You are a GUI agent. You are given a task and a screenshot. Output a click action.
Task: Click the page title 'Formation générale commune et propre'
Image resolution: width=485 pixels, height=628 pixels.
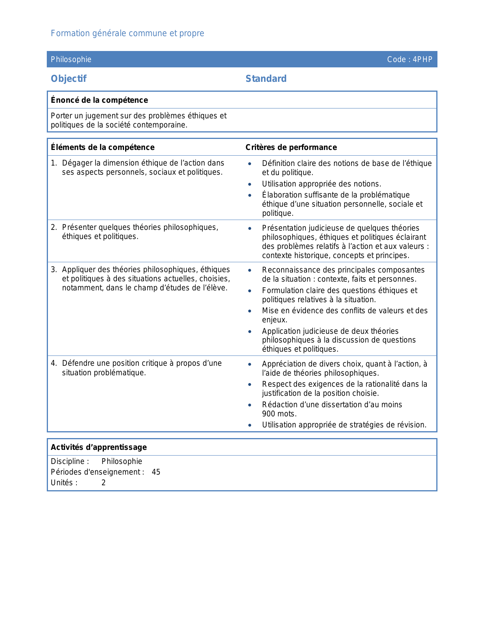127,33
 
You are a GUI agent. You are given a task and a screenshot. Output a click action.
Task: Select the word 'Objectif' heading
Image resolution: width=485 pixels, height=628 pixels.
69,79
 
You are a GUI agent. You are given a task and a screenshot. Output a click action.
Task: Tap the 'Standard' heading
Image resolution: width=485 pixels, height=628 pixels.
266,79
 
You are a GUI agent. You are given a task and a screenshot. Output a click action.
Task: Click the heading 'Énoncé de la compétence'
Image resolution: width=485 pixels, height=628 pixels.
99,100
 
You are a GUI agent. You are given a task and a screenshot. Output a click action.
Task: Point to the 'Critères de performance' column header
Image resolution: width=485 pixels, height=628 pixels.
291,147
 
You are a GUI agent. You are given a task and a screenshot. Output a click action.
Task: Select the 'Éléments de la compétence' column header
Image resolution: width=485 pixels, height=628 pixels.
103,147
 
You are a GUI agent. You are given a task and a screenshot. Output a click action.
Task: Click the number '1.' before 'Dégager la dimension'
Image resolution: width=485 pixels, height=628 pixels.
54,163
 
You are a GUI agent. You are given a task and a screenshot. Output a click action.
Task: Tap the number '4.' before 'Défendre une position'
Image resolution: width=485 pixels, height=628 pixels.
54,363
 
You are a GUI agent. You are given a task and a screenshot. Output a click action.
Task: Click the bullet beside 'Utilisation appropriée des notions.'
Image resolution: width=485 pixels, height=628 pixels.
250,184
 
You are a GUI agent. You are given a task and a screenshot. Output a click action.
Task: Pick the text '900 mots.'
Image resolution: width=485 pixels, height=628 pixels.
279,414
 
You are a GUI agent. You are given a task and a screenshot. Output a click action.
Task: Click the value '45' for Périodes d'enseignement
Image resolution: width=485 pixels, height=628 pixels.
156,472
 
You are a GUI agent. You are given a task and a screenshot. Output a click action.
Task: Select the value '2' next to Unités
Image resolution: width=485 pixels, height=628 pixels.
103,483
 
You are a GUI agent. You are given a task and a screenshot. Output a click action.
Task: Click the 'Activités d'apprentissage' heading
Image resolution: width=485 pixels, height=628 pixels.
99,447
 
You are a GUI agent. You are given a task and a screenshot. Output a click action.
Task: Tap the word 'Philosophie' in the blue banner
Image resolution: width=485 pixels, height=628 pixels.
71,59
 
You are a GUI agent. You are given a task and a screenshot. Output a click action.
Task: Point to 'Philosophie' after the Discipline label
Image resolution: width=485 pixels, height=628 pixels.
122,461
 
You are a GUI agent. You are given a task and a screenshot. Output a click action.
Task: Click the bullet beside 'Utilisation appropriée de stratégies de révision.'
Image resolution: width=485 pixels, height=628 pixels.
250,425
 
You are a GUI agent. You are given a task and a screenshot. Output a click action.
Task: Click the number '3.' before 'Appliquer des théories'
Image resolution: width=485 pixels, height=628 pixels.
54,269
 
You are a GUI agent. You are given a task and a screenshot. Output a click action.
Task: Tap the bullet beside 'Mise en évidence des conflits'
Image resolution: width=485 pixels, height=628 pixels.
250,311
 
